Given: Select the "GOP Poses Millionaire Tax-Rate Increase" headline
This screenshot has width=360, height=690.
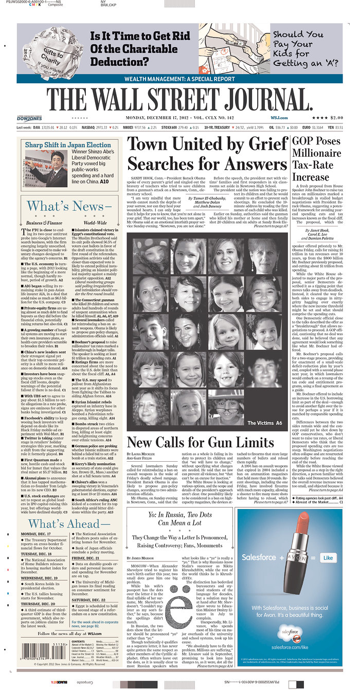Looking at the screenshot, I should click(x=317, y=159).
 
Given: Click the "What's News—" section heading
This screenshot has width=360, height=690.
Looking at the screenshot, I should click(x=69, y=206).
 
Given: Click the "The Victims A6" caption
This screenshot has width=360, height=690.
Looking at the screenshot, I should click(x=265, y=423).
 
